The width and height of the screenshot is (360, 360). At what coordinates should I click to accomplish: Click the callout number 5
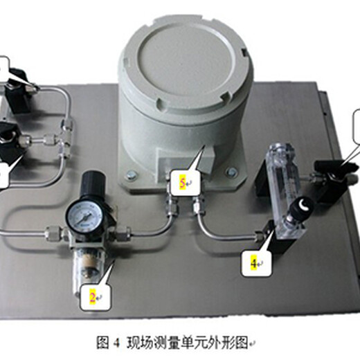[x=182, y=183]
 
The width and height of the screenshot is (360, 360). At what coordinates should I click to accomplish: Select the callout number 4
[x=253, y=263]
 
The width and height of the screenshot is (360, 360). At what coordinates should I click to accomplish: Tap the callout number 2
[x=92, y=298]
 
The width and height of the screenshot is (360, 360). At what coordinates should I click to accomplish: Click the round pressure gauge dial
[x=84, y=216]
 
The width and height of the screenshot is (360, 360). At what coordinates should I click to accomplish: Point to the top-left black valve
[x=18, y=90]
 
